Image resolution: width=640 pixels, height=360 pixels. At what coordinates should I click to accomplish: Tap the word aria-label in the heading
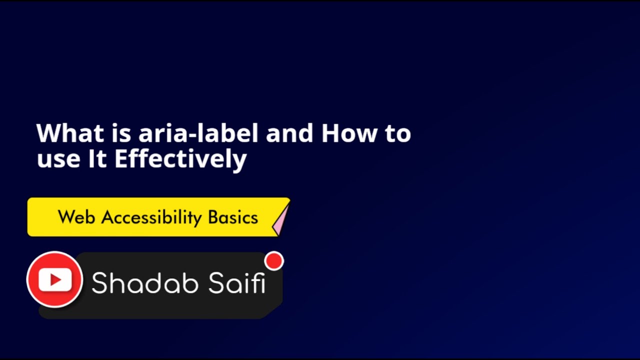[x=198, y=133]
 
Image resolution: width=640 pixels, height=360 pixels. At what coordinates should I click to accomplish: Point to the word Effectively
[x=180, y=159]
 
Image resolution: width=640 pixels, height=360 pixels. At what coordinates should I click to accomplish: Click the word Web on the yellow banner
[x=76, y=217]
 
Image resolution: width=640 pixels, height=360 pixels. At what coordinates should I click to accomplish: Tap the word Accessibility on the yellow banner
[x=151, y=218]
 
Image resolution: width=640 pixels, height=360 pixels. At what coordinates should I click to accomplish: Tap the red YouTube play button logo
[x=54, y=279]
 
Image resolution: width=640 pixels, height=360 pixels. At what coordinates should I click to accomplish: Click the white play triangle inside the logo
[x=55, y=280]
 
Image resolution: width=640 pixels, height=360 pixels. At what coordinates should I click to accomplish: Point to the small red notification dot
[x=274, y=261]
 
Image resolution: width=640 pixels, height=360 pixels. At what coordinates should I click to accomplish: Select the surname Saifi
[x=236, y=283]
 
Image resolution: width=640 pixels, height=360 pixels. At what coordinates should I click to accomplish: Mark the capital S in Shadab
[x=100, y=283]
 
